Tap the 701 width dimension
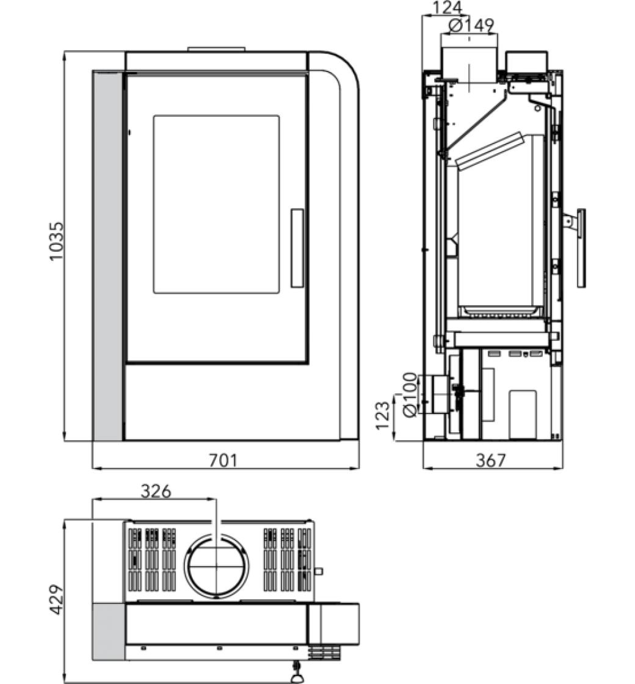(223, 460)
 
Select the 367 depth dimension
(491, 460)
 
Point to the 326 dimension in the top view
(156, 492)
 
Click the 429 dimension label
(56, 599)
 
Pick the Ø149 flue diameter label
(471, 26)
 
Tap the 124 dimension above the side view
(448, 7)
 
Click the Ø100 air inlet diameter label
(410, 395)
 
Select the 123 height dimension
(382, 415)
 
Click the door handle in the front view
(297, 248)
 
